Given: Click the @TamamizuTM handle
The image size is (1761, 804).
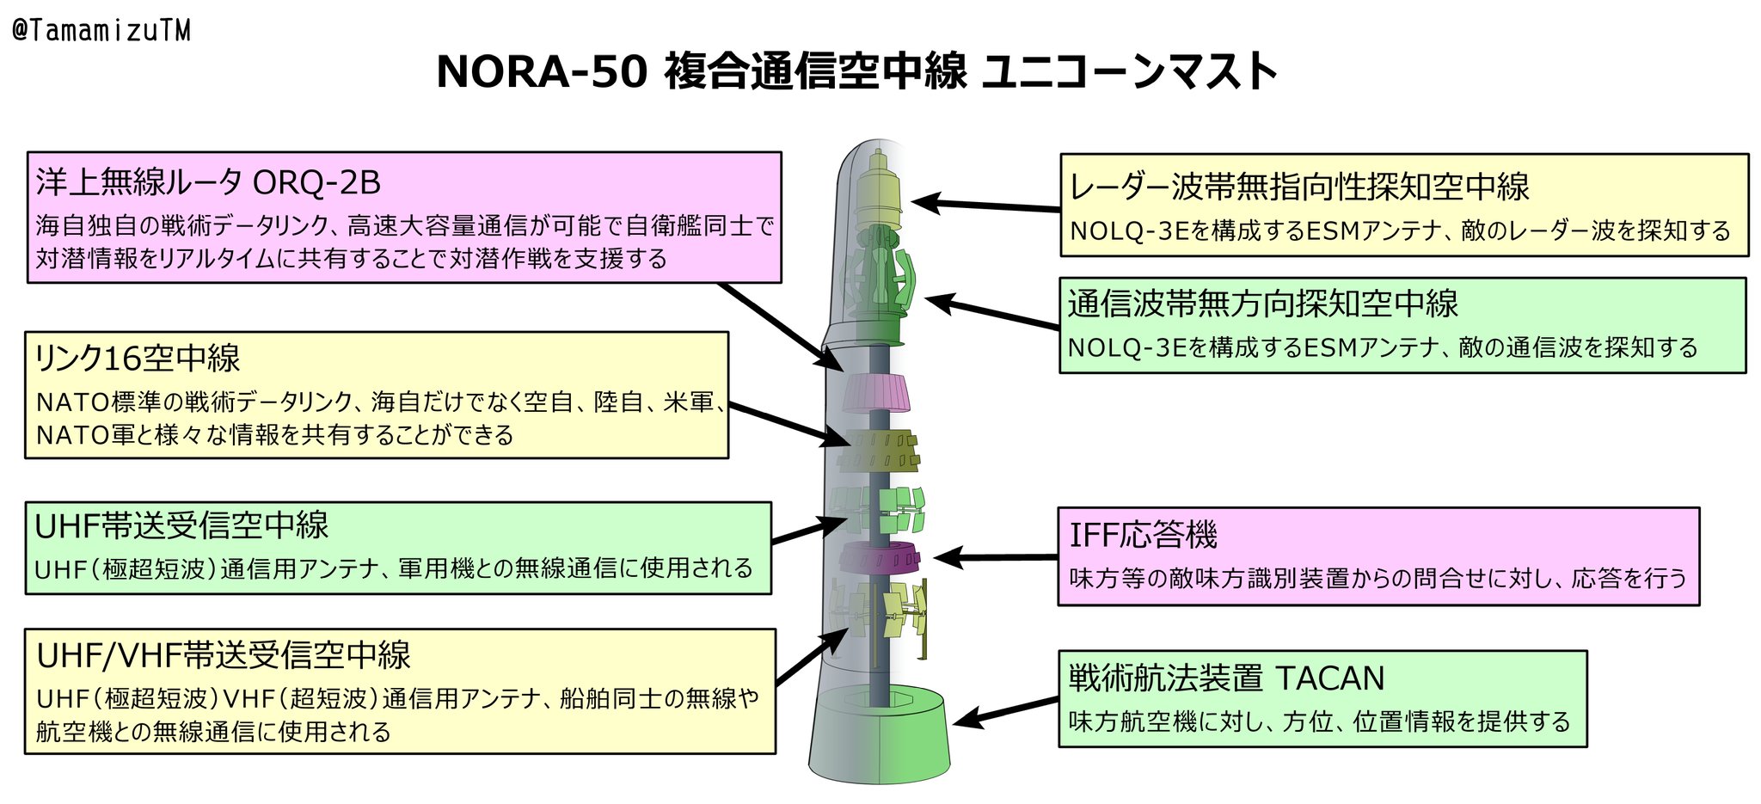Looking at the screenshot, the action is pyautogui.click(x=101, y=31).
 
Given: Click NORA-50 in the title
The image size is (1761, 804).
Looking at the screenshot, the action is pyautogui.click(x=542, y=71).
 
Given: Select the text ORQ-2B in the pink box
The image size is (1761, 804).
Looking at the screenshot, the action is pyautogui.click(x=316, y=182).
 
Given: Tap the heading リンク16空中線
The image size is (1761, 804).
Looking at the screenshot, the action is pyautogui.click(x=138, y=359).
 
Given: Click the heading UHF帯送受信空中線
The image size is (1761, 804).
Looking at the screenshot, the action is pyautogui.click(x=181, y=525).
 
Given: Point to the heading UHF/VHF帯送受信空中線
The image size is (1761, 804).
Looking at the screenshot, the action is pyautogui.click(x=224, y=655).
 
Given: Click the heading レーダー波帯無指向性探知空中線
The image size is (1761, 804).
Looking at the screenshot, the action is pyautogui.click(x=1298, y=187).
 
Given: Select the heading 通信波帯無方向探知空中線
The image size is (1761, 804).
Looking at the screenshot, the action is pyautogui.click(x=1263, y=304).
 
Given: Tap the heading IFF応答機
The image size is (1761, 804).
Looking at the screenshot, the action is pyautogui.click(x=1143, y=535).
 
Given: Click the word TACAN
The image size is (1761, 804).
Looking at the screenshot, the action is pyautogui.click(x=1329, y=678).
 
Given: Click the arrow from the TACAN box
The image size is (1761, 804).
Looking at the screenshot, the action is pyautogui.click(x=1006, y=713).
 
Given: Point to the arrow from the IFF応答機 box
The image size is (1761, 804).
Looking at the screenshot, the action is pyautogui.click(x=996, y=558).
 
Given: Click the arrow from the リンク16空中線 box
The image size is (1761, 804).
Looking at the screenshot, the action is pyautogui.click(x=789, y=424).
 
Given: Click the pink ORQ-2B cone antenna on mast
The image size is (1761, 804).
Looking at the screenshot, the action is pyautogui.click(x=876, y=393).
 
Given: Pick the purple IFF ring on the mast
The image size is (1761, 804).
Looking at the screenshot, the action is pyautogui.click(x=879, y=557).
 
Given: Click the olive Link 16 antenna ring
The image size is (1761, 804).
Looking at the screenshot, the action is pyautogui.click(x=879, y=451).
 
